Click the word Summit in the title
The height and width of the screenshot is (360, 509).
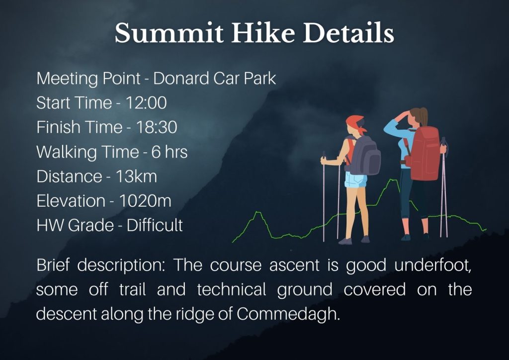[x=169, y=33]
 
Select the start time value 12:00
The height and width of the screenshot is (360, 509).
[x=146, y=102]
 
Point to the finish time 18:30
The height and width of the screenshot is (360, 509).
[x=157, y=127]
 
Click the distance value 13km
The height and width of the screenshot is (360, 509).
[x=136, y=177]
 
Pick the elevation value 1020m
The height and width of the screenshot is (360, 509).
[x=145, y=200]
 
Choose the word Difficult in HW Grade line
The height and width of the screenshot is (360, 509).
[x=155, y=225]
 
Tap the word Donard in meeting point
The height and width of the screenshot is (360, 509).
[x=181, y=78]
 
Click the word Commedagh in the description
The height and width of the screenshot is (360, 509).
[x=288, y=314]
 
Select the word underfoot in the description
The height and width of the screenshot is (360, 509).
[x=433, y=265]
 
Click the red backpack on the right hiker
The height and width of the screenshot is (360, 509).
[x=424, y=154]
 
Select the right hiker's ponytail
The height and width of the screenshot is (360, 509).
[x=423, y=116]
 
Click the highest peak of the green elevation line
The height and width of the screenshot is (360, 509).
[x=393, y=180]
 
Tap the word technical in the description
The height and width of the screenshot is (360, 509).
[x=232, y=289]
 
